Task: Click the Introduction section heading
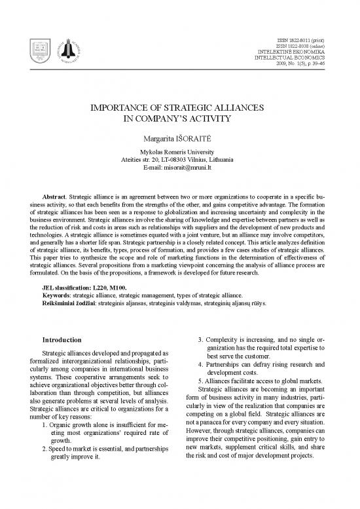(62, 340)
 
